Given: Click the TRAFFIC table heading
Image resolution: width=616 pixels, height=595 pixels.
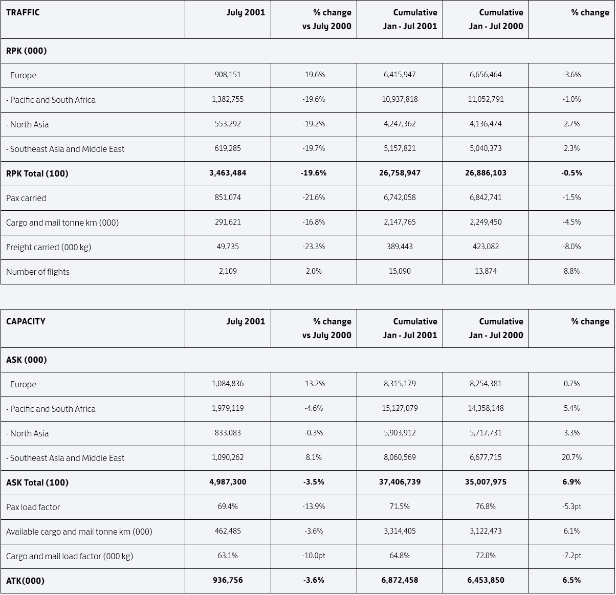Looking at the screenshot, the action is [x=23, y=12].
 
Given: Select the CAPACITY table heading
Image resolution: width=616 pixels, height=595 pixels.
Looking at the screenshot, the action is [x=26, y=321].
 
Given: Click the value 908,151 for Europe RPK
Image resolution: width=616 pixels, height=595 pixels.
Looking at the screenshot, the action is [x=228, y=75].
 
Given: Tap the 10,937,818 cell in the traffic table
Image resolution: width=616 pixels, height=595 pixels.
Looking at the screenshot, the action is [x=400, y=99].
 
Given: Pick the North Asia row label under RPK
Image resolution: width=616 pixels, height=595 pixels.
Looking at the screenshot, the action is [x=27, y=124].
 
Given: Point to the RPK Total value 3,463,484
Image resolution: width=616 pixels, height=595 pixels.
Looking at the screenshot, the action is [x=228, y=173].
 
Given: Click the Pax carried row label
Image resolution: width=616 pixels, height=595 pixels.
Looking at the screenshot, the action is [x=26, y=198].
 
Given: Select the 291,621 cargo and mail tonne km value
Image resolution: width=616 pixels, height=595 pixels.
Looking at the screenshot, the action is [x=228, y=222].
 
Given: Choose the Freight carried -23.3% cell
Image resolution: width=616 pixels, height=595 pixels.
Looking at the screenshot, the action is [x=314, y=247].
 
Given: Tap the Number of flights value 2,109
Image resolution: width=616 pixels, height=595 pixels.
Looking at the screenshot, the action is [x=228, y=271].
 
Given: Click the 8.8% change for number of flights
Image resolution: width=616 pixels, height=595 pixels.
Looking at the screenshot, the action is [x=571, y=271].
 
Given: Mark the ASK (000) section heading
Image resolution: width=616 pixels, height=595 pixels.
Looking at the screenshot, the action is [x=26, y=360].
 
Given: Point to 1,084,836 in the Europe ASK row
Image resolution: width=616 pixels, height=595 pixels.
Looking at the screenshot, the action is [x=228, y=384].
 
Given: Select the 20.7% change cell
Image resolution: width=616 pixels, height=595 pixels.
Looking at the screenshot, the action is [x=571, y=457].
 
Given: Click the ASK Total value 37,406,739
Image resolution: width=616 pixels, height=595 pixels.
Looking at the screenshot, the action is [x=400, y=482].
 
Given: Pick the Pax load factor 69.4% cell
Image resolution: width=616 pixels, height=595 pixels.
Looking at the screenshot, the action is [x=228, y=506].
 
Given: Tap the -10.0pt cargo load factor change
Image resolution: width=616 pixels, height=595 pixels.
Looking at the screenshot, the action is [x=314, y=556].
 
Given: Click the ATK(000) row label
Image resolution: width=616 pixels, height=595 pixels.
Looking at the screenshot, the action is [x=25, y=581].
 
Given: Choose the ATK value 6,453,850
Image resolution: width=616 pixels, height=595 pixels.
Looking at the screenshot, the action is [x=486, y=580].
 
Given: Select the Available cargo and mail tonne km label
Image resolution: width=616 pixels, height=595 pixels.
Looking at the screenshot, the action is [x=79, y=532].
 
